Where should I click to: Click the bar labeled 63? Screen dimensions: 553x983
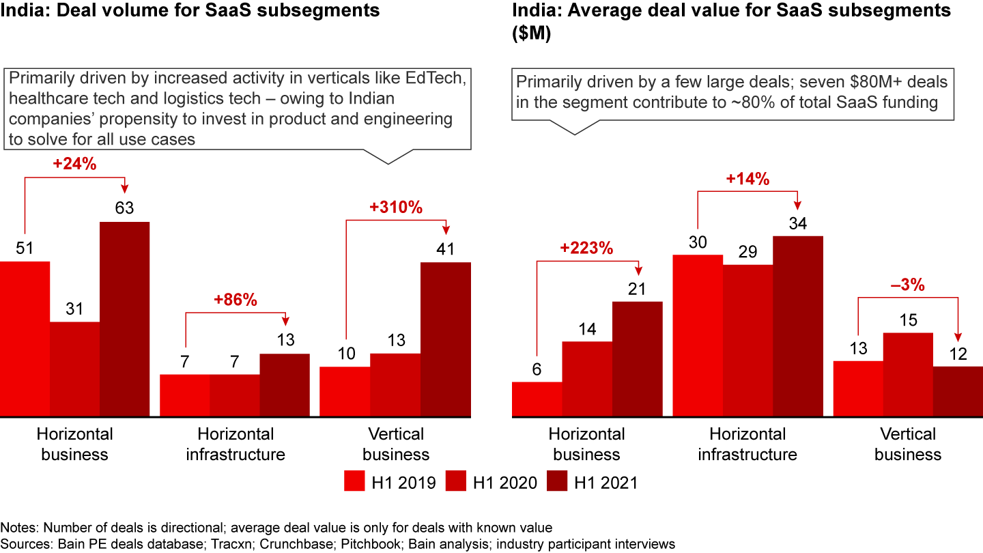click(x=124, y=319)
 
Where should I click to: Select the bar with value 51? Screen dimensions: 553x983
click(x=25, y=339)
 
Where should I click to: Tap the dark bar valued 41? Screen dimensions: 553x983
click(x=446, y=339)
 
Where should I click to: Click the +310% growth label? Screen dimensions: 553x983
click(x=396, y=208)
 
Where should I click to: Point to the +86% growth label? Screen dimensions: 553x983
click(x=236, y=300)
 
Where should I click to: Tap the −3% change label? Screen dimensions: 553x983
click(x=908, y=285)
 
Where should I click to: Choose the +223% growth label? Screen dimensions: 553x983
click(x=587, y=249)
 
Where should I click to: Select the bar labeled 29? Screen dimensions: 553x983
click(x=747, y=341)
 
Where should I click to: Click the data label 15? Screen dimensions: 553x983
click(x=908, y=321)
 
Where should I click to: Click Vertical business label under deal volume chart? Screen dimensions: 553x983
click(x=396, y=444)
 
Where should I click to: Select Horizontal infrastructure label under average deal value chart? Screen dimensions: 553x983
click(x=747, y=444)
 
